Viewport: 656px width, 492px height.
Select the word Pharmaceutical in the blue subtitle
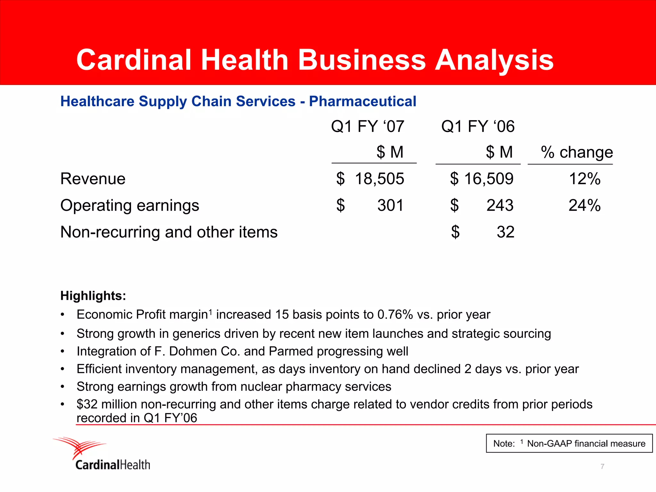pyautogui.click(x=362, y=102)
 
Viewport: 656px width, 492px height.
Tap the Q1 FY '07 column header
pyautogui.click(x=367, y=126)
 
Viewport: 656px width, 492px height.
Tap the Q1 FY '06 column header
pyautogui.click(x=478, y=126)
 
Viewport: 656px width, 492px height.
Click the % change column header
pyautogui.click(x=577, y=152)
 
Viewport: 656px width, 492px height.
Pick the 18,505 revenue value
pyautogui.click(x=379, y=179)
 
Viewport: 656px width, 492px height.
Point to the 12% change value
pyautogui.click(x=584, y=179)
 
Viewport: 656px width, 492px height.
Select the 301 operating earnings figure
pyautogui.click(x=390, y=205)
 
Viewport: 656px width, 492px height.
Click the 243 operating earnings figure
pyautogui.click(x=500, y=205)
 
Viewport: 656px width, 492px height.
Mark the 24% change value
pyautogui.click(x=584, y=205)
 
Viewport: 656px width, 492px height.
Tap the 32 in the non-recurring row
pyautogui.click(x=505, y=232)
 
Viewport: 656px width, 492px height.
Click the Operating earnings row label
pyautogui.click(x=129, y=205)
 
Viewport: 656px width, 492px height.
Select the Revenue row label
pyautogui.click(x=93, y=179)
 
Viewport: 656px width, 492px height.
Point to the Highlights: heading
pyautogui.click(x=93, y=296)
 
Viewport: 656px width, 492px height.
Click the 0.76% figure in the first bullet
pyautogui.click(x=395, y=315)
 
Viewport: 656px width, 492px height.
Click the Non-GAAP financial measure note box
pyautogui.click(x=569, y=443)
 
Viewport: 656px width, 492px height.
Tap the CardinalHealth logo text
pyautogui.click(x=112, y=465)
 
